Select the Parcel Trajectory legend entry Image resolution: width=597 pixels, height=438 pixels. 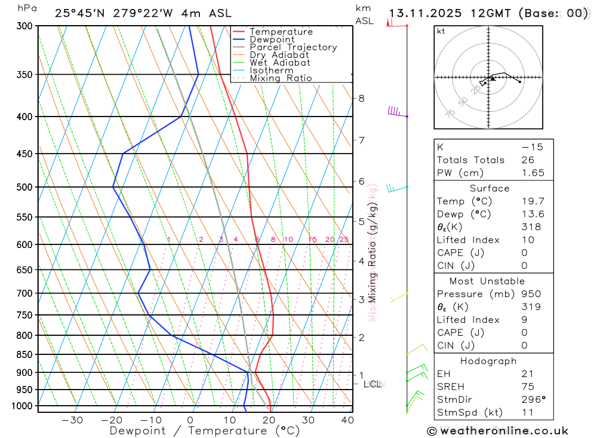click(293, 47)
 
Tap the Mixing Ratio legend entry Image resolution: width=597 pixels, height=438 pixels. click(281, 78)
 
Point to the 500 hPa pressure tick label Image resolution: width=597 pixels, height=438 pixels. click(24, 187)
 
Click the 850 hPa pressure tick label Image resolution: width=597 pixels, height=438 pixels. click(24, 354)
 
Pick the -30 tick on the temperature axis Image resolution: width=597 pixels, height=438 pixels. click(72, 420)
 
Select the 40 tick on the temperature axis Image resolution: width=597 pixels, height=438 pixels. click(347, 420)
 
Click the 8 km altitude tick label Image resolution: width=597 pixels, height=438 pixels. click(361, 98)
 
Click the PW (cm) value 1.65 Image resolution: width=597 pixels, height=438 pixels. click(533, 173)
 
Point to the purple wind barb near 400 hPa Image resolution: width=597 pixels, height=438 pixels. click(395, 111)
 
